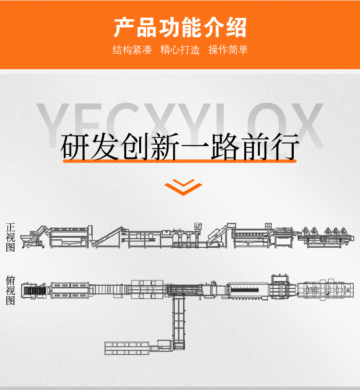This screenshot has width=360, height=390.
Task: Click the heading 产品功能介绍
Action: click(180, 27)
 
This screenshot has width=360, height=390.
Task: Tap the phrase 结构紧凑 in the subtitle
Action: click(132, 50)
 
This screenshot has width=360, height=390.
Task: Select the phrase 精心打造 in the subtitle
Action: click(180, 50)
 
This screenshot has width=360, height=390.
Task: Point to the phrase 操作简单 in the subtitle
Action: click(228, 50)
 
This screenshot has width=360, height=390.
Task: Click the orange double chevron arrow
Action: click(183, 187)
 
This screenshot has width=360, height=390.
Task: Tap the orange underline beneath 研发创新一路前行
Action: click(180, 161)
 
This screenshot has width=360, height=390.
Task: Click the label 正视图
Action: click(11, 237)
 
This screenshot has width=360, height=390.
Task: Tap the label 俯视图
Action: click(11, 290)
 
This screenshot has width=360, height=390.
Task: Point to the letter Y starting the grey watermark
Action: click(53, 125)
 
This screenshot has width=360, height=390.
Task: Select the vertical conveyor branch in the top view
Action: click(179, 323)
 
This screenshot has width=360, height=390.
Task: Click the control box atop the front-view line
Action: click(198, 227)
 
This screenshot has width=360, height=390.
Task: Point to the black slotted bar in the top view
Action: click(245, 290)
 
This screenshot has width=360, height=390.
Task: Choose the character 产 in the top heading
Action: click(124, 27)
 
